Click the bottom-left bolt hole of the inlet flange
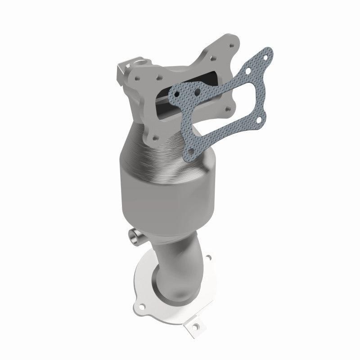point(155,137)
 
